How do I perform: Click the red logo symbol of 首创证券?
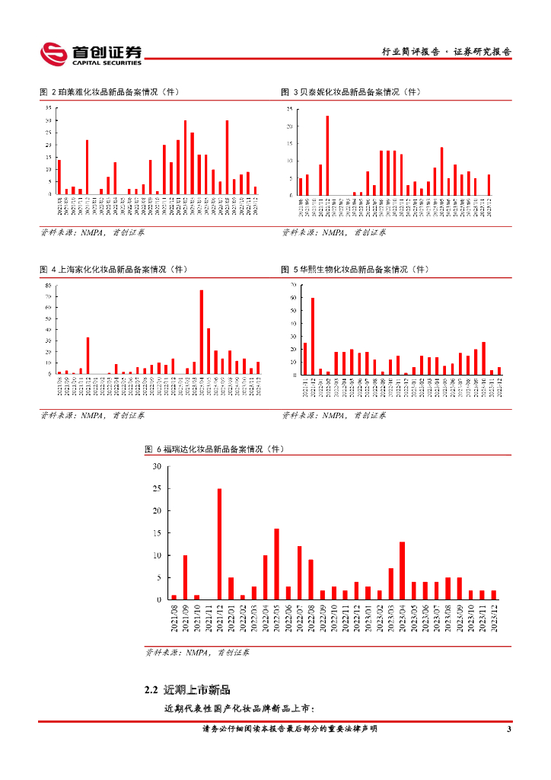pos(53,53)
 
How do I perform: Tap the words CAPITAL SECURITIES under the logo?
pos(106,62)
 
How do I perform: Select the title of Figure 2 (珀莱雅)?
pos(110,92)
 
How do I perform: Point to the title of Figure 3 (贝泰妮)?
pos(351,92)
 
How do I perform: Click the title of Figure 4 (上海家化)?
pos(114,270)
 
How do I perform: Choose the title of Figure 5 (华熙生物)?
pos(355,270)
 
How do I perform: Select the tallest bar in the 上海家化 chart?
pos(202,331)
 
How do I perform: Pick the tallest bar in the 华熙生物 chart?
pos(313,336)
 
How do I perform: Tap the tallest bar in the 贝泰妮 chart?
pos(327,155)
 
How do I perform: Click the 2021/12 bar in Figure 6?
pos(219,544)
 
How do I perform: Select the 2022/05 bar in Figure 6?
pos(276,564)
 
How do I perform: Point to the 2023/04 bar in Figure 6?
pos(402,571)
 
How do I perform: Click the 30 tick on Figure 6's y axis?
pos(156,466)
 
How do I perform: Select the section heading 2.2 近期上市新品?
pos(186,690)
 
